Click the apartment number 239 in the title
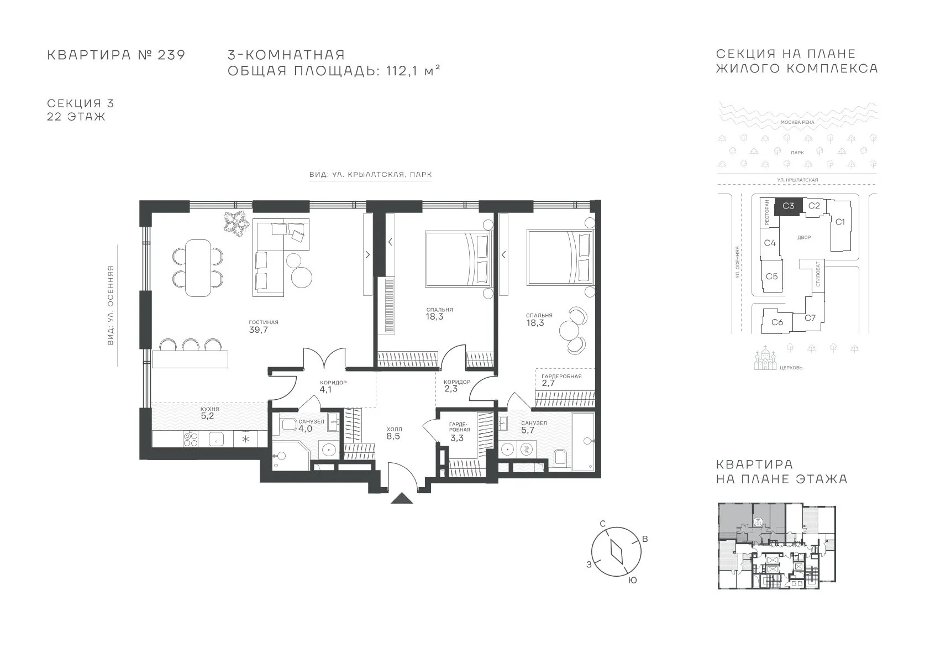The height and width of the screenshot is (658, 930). (171, 55)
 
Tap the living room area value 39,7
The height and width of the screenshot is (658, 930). (258, 330)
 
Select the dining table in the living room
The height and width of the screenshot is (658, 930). (198, 268)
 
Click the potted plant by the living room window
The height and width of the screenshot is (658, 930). (237, 223)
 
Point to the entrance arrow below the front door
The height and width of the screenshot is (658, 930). (402, 498)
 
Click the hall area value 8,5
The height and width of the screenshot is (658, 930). (393, 436)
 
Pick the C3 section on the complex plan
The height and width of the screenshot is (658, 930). (789, 206)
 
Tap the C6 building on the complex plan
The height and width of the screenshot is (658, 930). (777, 322)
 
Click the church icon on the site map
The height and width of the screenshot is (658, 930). (765, 358)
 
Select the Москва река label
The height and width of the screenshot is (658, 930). (797, 122)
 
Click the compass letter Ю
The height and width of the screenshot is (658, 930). (632, 581)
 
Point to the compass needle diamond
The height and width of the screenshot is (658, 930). (617, 552)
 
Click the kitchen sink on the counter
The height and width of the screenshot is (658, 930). (216, 438)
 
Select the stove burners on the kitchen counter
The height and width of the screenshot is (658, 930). (191, 438)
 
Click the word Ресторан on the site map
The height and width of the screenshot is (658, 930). (767, 213)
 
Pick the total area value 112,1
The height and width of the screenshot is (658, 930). (402, 71)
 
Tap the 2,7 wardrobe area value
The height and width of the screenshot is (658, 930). (548, 383)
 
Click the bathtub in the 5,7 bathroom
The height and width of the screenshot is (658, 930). (583, 441)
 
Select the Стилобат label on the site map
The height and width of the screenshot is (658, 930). (818, 274)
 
